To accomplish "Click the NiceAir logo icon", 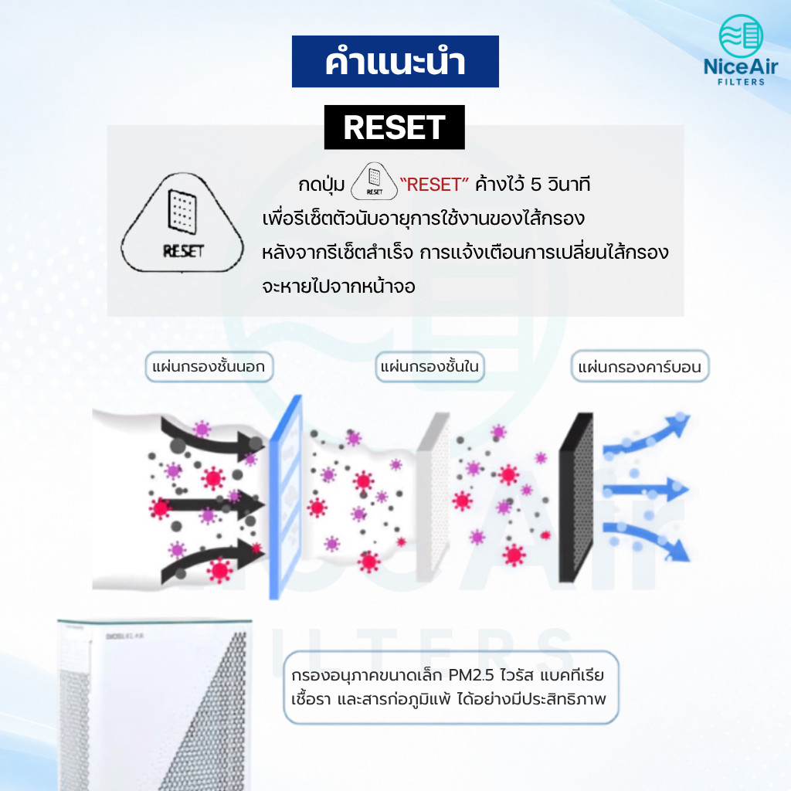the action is pos(741,36).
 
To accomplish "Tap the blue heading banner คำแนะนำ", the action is pos(395,62).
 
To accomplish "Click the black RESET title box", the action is pos(394,127).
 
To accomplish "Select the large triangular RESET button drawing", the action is pos(182,222).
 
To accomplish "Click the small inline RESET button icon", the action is pos(374,181).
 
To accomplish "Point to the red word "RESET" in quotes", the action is pos(434,185).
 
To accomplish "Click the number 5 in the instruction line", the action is pos(535,185).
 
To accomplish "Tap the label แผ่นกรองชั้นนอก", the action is pos(209,367).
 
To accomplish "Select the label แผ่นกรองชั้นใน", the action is pos(429,367).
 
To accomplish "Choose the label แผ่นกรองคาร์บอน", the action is pos(640,367).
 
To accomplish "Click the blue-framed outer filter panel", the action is pos(286,497).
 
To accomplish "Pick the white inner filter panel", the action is pos(433,497).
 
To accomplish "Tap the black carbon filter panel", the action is pos(576,497).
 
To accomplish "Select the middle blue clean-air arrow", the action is pos(646,488).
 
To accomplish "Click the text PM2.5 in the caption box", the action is pos(471,675).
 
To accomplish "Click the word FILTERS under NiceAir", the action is pos(741,82).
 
